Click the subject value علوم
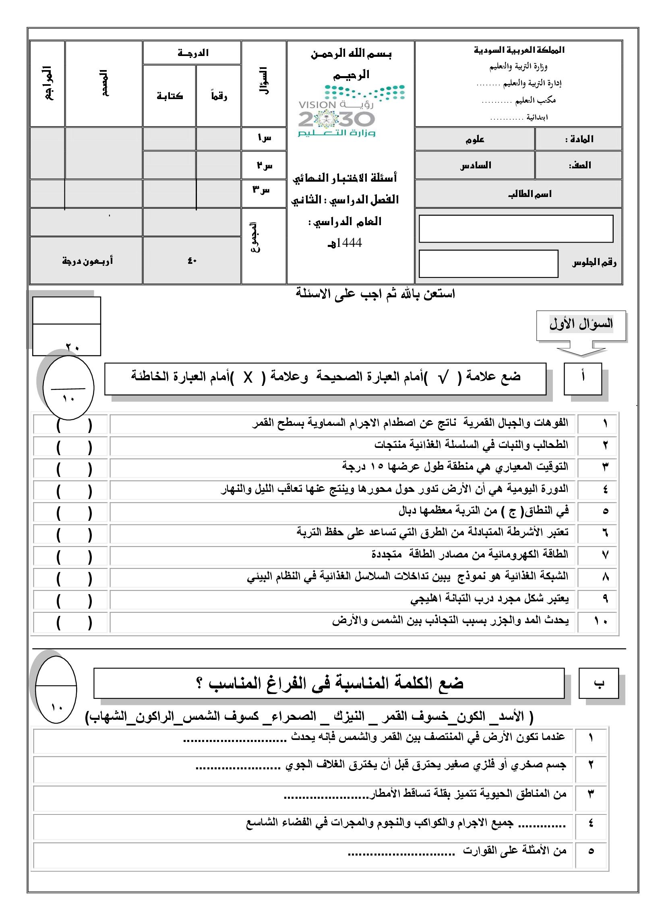[475, 139]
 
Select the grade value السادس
[476, 165]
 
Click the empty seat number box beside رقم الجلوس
[488, 264]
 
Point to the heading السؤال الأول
[581, 324]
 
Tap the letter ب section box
[598, 684]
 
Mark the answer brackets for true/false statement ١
[74, 425]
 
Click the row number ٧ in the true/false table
[605, 555]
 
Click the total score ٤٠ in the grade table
[192, 261]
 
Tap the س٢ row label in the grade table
[264, 166]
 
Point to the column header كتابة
[170, 96]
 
